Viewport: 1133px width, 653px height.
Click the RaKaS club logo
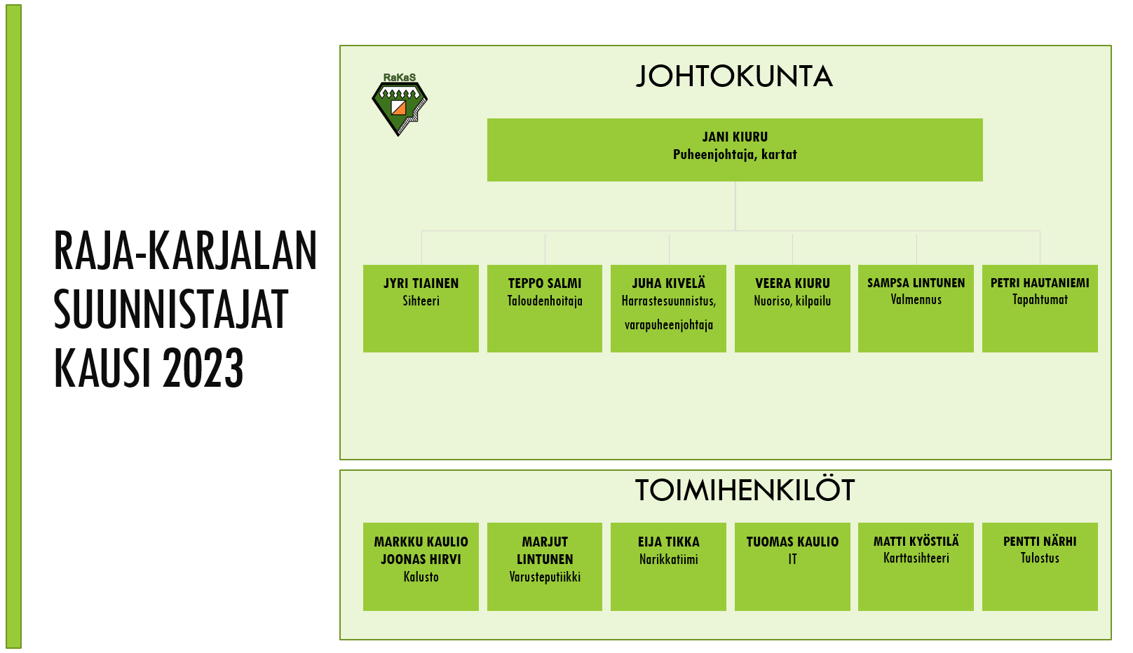[399, 104]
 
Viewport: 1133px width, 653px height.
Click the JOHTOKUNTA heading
[734, 76]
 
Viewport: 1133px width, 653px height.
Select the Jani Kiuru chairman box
[735, 150]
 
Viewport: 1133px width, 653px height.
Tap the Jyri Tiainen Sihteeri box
[421, 308]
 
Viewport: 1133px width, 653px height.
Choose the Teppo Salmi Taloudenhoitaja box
[545, 308]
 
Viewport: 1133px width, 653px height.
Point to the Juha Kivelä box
[668, 308]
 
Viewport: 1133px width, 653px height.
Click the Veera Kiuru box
[792, 308]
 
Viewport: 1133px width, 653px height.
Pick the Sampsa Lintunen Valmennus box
[916, 308]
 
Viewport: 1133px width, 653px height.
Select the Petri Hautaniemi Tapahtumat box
[1040, 308]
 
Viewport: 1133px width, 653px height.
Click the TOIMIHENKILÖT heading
[745, 490]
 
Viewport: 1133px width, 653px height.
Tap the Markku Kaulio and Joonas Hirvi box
[421, 567]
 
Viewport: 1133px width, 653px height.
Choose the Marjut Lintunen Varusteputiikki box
[545, 567]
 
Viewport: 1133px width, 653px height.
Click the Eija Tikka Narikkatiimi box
[668, 567]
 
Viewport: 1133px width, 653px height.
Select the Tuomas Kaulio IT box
[792, 567]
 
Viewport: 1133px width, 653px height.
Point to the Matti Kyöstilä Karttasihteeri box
[916, 567]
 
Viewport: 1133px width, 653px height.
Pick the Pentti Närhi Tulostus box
[1040, 567]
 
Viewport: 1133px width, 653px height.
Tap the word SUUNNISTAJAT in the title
[171, 309]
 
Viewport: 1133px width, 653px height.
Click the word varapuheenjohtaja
[669, 324]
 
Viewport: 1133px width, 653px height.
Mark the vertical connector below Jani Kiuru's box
[735, 206]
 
